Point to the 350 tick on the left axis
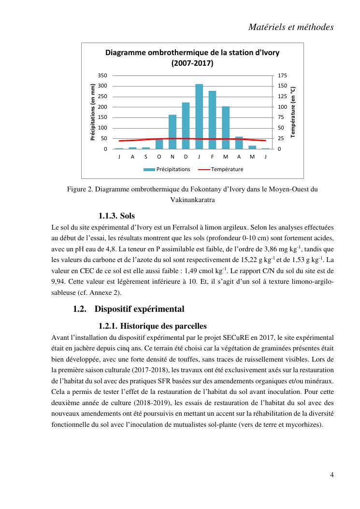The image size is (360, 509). (102, 75)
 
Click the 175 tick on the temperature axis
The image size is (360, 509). (283, 75)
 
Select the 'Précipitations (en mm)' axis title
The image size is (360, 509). (93, 112)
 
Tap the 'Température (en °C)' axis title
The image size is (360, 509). (293, 112)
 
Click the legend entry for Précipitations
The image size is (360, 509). (167, 169)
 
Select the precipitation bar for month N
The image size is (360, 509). (173, 131)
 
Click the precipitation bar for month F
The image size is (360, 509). (212, 119)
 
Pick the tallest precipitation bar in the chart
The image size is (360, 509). (199, 116)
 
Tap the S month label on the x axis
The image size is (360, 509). (146, 157)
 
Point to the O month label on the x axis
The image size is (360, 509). (159, 157)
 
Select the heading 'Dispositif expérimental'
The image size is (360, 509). (139, 308)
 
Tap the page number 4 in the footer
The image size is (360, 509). (332, 474)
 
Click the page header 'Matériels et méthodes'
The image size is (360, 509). (291, 28)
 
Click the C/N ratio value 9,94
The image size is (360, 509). (58, 282)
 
